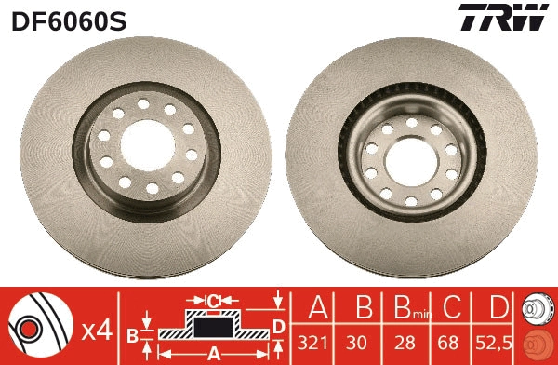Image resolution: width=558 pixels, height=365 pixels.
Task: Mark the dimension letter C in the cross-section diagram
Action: (x=212, y=301)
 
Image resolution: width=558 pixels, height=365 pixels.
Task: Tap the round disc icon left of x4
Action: (x=37, y=325)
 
